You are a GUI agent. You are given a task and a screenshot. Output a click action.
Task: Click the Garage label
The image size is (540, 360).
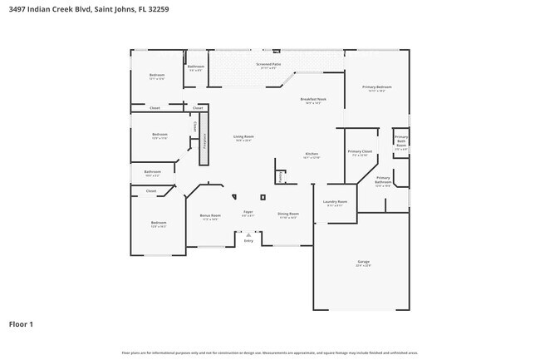pos(363,262)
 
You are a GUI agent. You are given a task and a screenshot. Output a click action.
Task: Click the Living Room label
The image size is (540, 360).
pos(243,136)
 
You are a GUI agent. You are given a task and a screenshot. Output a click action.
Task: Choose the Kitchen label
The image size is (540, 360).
pos(312,154)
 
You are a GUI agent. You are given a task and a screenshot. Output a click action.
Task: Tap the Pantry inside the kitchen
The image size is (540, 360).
pos(281,176)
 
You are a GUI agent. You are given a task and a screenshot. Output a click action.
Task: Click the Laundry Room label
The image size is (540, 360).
pos(335,202)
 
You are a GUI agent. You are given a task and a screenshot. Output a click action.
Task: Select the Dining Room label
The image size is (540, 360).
pos(287,214)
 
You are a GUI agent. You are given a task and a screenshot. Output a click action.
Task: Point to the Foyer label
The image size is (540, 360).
pos(248,212)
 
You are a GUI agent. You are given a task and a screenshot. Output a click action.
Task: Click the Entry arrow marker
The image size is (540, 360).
pos(248,235)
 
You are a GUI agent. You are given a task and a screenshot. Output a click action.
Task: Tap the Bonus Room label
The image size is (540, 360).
pos(210,215)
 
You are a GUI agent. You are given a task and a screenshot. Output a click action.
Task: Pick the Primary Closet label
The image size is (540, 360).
pos(360,151)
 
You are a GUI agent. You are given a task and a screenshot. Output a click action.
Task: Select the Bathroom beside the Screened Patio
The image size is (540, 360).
pos(196,67)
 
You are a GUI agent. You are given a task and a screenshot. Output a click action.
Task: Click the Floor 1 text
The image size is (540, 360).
pos(21,323)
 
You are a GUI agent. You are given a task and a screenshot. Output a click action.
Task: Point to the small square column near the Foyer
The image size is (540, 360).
pos(263,197)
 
